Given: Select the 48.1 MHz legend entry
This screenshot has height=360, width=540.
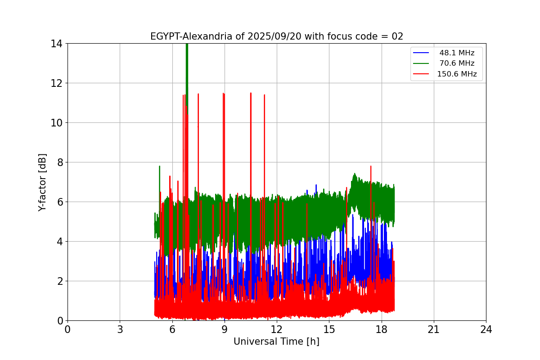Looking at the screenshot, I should (x=457, y=53).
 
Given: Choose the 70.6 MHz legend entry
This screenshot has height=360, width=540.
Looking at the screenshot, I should (x=457, y=63).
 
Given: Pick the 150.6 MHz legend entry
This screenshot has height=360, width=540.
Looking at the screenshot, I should (x=457, y=74).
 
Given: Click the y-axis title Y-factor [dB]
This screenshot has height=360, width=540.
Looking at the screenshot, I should (x=43, y=182).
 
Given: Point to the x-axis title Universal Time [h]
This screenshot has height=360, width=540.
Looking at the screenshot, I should (x=276, y=342).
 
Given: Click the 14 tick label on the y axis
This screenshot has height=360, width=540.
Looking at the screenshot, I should (x=56, y=44).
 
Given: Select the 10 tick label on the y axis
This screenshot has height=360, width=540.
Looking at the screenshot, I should (x=56, y=123).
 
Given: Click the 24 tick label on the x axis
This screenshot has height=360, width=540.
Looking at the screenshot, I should (x=486, y=329).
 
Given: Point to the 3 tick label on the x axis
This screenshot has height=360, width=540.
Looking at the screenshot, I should (x=120, y=329).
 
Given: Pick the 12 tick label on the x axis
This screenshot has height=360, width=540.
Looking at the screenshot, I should (x=277, y=329).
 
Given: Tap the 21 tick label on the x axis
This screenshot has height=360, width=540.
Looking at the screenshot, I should (x=434, y=329).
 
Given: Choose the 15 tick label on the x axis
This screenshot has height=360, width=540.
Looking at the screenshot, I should (x=329, y=329).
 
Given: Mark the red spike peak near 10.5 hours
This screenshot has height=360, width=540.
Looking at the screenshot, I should (x=251, y=94).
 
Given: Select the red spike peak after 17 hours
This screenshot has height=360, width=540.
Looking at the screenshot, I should (x=371, y=166).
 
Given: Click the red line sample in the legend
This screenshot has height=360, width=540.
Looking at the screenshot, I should (x=422, y=74).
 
